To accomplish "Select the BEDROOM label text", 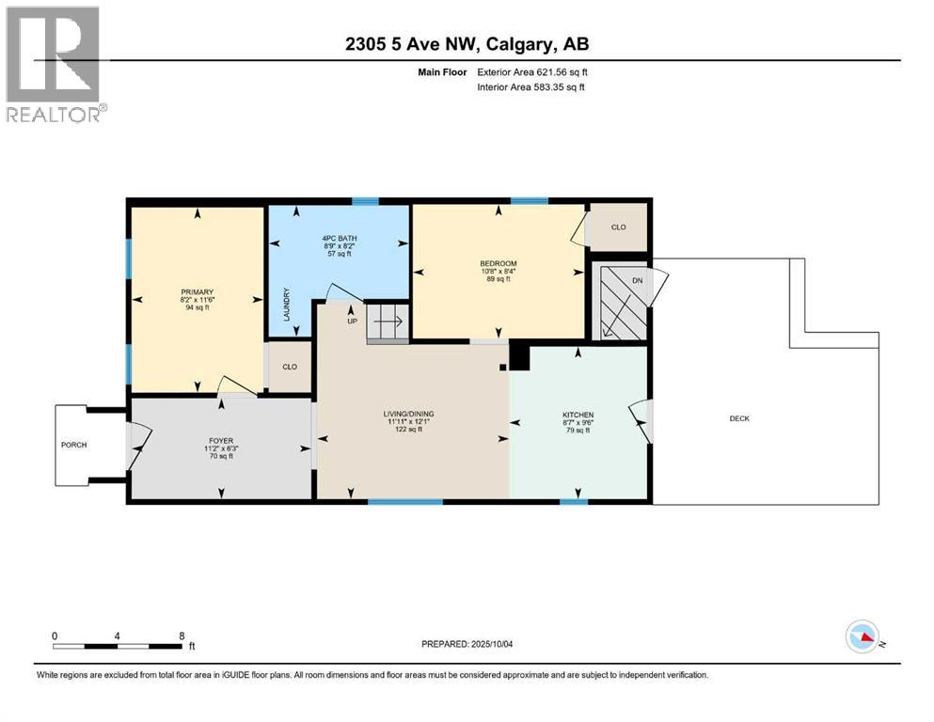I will tap(499, 263).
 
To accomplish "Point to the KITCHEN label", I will tap(578, 415).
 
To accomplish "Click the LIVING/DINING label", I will tap(407, 415).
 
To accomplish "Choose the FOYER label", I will tap(220, 439).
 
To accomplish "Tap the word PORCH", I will tap(73, 445).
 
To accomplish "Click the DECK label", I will tap(739, 418).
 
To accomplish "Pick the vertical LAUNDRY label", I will tap(287, 306).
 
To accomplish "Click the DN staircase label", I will tap(637, 280).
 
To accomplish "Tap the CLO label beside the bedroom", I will tap(618, 228).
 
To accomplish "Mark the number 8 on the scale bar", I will tap(181, 636).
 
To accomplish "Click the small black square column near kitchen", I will tap(504, 368).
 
